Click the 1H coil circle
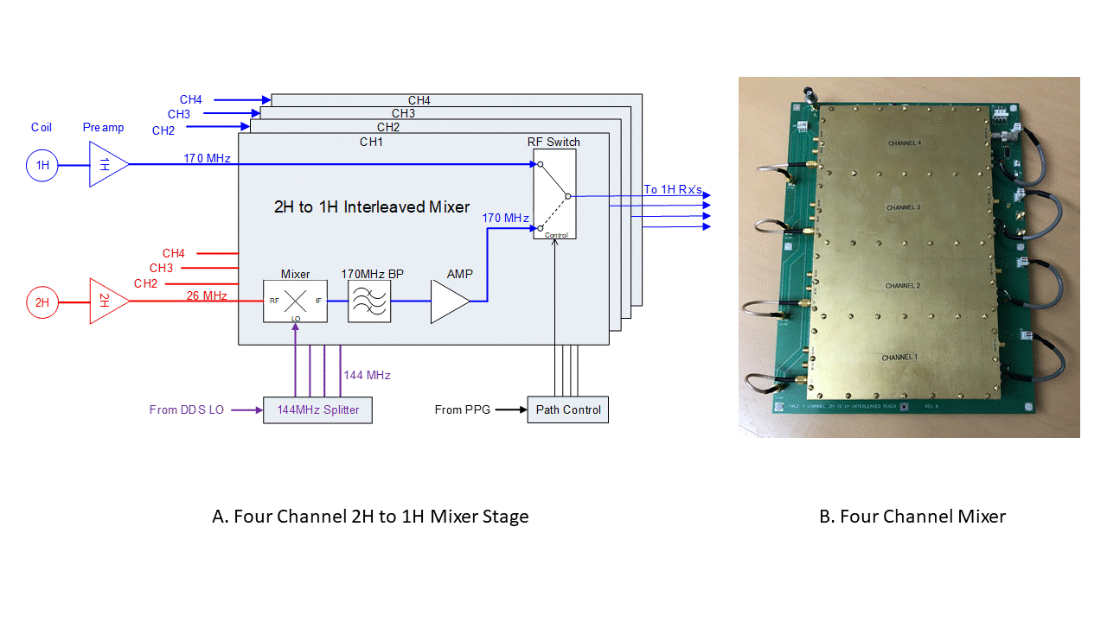41,164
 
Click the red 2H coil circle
41,302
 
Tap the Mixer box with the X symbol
296,301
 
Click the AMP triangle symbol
450,301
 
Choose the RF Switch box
554,194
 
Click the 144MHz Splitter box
317,409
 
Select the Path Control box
568,409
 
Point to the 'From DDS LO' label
186,409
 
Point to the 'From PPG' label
462,409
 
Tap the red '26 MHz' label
207,296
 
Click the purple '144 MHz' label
368,375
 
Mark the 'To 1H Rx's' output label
673,190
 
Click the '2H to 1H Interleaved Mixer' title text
372,206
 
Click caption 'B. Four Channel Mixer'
912,517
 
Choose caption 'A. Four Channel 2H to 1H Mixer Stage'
370,517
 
